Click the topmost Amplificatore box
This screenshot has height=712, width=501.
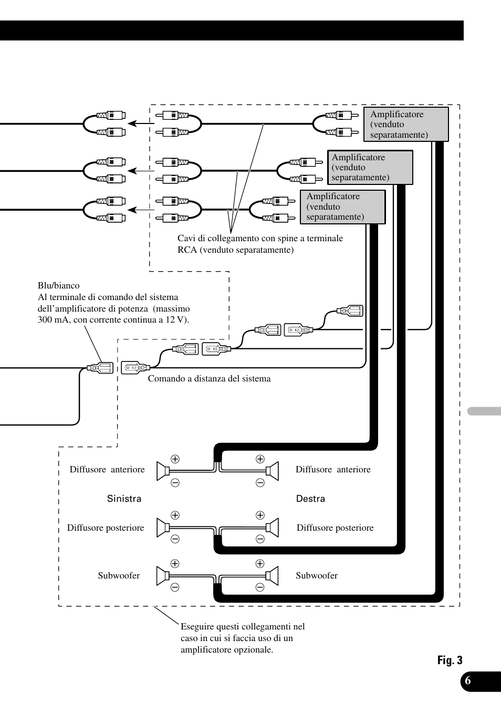tap(405, 125)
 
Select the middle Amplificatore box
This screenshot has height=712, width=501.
tap(370, 168)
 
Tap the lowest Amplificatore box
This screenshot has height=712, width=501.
tap(342, 207)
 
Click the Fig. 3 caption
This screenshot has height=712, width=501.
tap(450, 661)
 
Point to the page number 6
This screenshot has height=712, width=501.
tap(468, 681)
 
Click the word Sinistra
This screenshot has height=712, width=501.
tap(124, 499)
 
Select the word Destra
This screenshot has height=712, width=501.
tap(310, 499)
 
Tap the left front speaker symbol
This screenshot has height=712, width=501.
tap(163, 471)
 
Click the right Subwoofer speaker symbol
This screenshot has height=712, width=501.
tap(272, 576)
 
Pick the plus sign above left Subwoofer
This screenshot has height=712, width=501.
tap(175, 564)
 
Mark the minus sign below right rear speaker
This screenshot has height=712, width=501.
tap(260, 539)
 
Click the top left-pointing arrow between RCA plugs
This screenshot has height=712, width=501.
tap(140, 123)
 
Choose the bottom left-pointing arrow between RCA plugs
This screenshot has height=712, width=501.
tap(140, 210)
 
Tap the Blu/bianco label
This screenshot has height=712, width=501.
tap(59, 286)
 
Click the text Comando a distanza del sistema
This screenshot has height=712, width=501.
tap(209, 379)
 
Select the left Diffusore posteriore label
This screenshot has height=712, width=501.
tap(106, 528)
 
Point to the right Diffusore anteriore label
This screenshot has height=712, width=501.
tap(333, 470)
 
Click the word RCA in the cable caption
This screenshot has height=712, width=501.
tap(187, 250)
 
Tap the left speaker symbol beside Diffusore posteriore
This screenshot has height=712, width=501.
tap(163, 528)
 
